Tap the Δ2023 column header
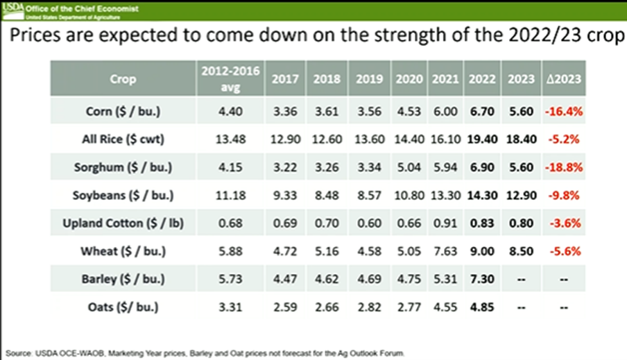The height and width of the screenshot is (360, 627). pos(562,79)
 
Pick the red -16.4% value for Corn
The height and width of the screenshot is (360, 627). pos(562,110)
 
